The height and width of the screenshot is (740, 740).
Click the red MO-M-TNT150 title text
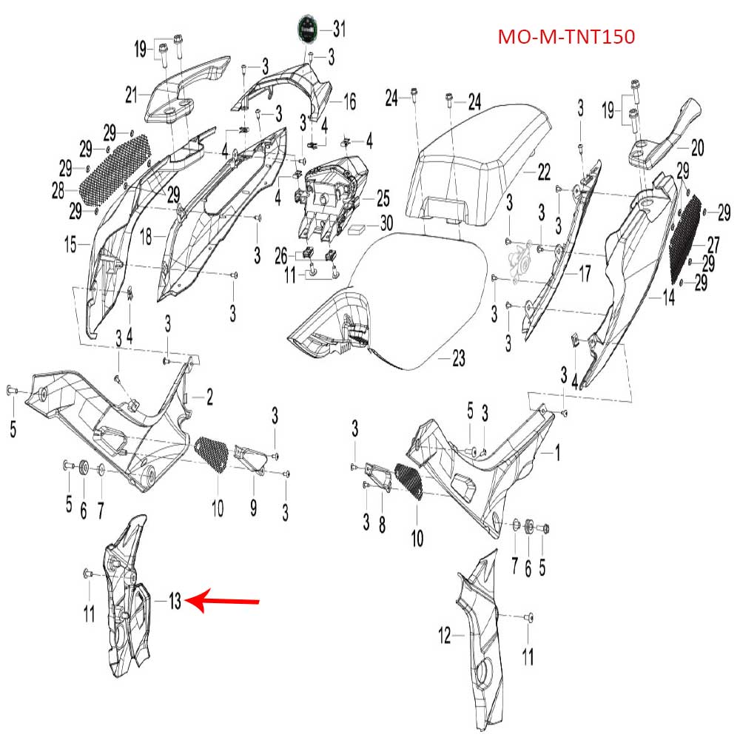565,36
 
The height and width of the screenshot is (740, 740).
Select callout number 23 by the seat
459,360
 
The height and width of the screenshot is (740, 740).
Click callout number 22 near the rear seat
544,172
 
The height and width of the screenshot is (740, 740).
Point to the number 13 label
174,602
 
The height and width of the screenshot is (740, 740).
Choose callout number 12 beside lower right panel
445,635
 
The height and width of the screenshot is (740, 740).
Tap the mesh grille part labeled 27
685,235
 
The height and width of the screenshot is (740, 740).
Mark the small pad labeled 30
358,227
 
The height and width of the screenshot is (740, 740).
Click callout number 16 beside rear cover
349,101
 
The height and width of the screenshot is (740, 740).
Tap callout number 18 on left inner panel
146,238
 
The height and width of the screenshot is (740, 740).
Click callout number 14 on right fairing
668,300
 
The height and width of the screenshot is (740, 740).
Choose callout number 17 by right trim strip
584,275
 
